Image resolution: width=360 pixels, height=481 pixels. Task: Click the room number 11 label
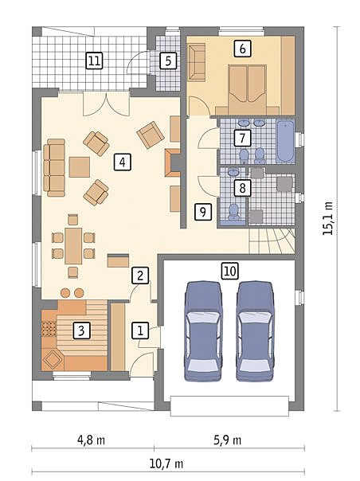click(x=94, y=61)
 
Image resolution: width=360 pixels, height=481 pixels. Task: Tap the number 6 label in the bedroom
click(x=242, y=49)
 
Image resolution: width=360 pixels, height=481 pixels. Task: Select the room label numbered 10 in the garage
click(x=230, y=272)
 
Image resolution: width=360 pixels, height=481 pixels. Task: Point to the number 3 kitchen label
click(x=81, y=330)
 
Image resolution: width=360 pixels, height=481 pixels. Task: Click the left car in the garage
click(x=203, y=331)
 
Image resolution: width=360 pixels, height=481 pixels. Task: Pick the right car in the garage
click(x=255, y=331)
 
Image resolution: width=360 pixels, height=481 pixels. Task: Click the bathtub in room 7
click(x=285, y=142)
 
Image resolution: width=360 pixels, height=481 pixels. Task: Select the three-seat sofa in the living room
click(x=55, y=167)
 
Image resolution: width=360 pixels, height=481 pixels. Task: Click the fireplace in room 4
click(x=173, y=163)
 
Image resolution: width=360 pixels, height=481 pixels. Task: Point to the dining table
click(x=73, y=246)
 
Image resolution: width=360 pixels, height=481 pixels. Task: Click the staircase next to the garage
click(x=272, y=241)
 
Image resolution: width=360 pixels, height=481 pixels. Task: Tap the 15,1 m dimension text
click(x=328, y=218)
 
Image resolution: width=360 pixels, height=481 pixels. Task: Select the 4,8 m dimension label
click(x=91, y=440)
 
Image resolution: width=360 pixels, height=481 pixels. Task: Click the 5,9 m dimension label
click(x=227, y=440)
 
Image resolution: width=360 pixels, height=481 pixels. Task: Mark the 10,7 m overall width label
click(x=166, y=463)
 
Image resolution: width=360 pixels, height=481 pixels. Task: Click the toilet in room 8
click(x=234, y=211)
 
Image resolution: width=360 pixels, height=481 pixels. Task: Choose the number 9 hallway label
click(x=203, y=212)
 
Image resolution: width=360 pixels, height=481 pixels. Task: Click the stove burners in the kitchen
click(x=49, y=329)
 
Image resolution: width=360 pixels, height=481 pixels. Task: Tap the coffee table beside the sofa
click(x=80, y=167)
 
